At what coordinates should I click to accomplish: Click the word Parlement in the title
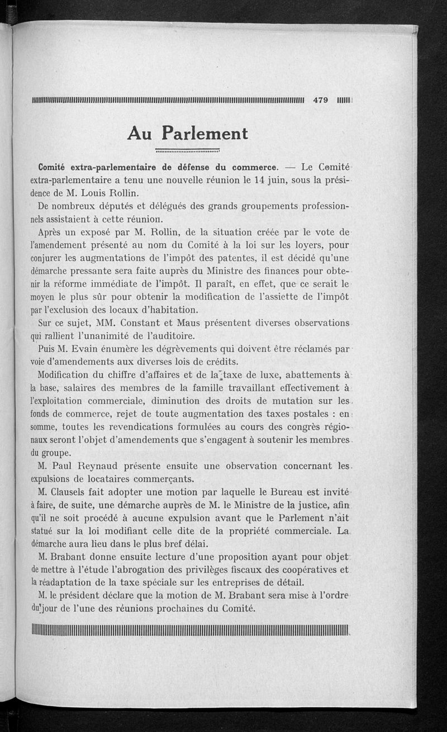coord(205,134)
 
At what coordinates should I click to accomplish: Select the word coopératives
coord(312,569)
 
